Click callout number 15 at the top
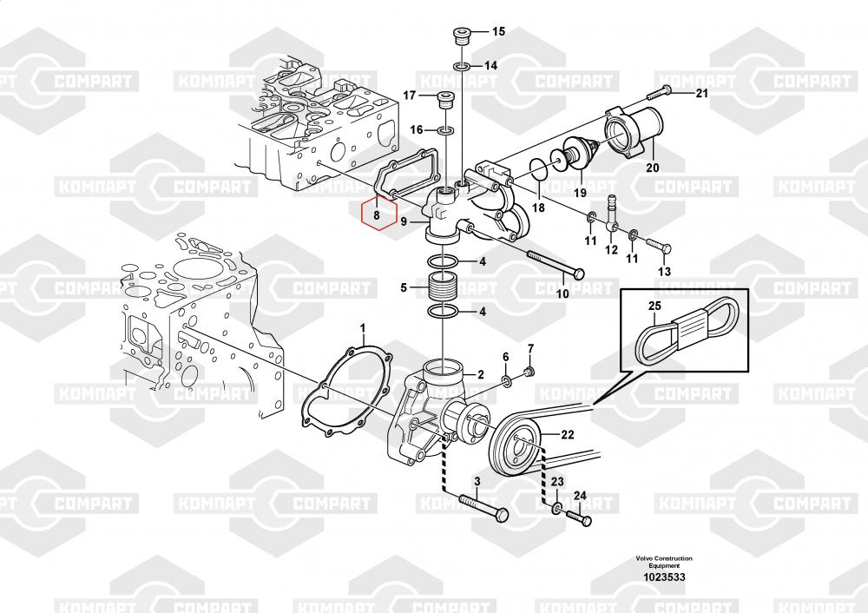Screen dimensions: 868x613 point(499,31)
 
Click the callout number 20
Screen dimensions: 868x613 point(653,167)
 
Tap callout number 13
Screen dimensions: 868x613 point(664,272)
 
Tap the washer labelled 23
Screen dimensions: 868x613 point(556,508)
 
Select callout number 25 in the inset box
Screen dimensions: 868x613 point(654,306)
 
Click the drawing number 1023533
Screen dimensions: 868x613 point(664,577)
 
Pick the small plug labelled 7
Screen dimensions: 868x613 point(529,372)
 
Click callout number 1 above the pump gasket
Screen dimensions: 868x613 point(363,329)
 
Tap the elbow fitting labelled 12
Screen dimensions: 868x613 point(611,215)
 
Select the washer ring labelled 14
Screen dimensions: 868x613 point(462,67)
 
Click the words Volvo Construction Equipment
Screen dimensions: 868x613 point(664,562)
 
